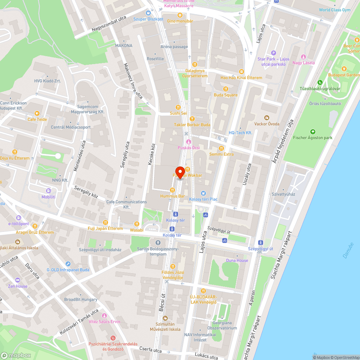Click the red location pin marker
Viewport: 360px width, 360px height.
pos(180,172)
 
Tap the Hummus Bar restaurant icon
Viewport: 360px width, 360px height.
pos(172,190)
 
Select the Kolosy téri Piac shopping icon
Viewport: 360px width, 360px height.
pos(203,193)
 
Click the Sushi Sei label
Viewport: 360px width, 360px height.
pos(178,113)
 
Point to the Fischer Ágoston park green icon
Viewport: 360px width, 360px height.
pos(312,132)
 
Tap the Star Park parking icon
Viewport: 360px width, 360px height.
pos(273,53)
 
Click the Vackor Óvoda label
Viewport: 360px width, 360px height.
pos(266,124)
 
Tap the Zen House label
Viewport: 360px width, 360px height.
pos(18,286)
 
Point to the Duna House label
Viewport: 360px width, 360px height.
pos(237,260)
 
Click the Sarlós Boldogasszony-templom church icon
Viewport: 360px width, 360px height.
pos(158,241)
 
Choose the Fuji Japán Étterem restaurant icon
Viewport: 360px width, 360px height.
pos(105,222)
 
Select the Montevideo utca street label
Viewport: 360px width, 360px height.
pos(80,157)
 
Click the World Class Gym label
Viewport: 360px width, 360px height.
pos(334,10)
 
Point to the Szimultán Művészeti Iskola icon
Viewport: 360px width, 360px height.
pos(165,318)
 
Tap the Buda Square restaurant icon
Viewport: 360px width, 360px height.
pos(226,89)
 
